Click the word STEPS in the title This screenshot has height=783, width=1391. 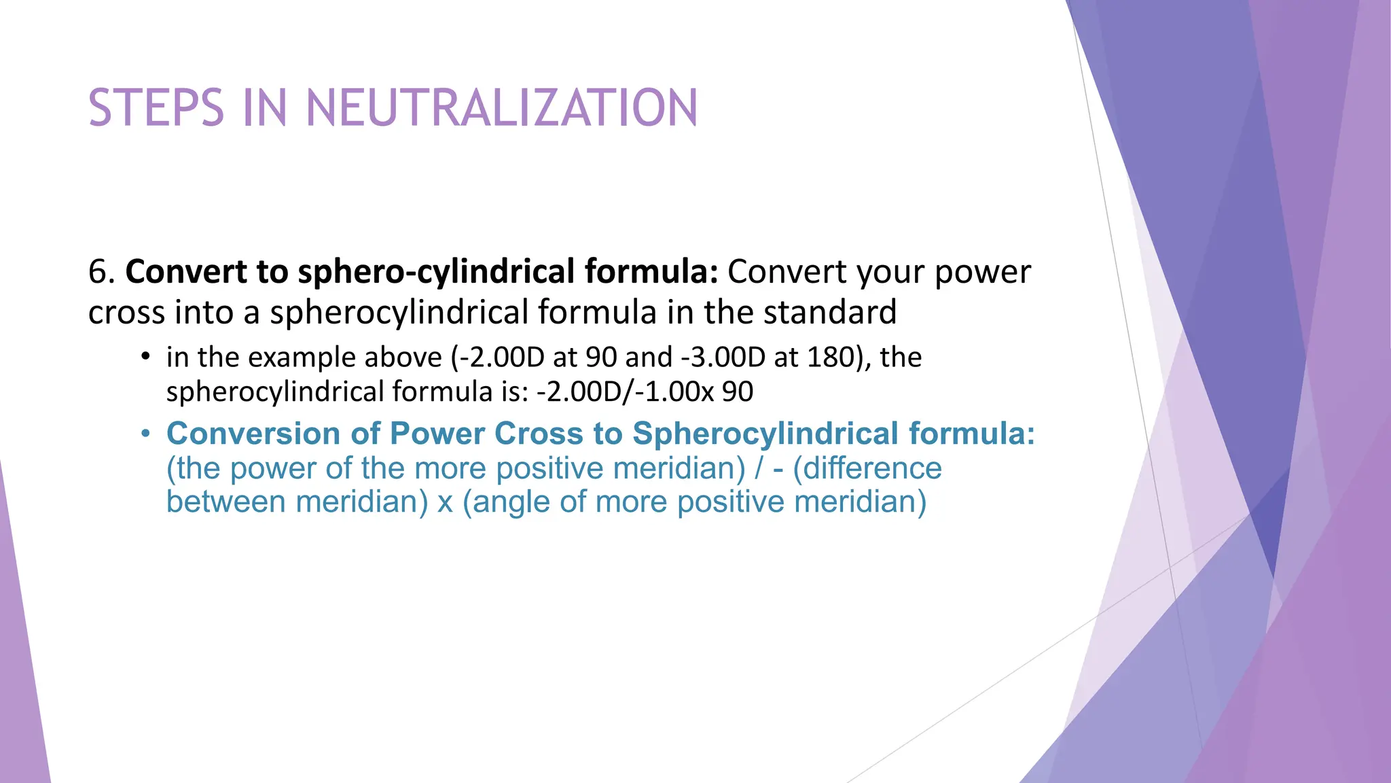tap(156, 108)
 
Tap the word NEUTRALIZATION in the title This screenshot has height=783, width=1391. tap(502, 108)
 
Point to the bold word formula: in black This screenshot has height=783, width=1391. tap(651, 272)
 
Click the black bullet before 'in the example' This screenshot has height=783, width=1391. tap(145, 357)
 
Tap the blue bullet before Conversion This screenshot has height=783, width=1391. tap(145, 434)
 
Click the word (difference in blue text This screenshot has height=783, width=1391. tap(867, 468)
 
